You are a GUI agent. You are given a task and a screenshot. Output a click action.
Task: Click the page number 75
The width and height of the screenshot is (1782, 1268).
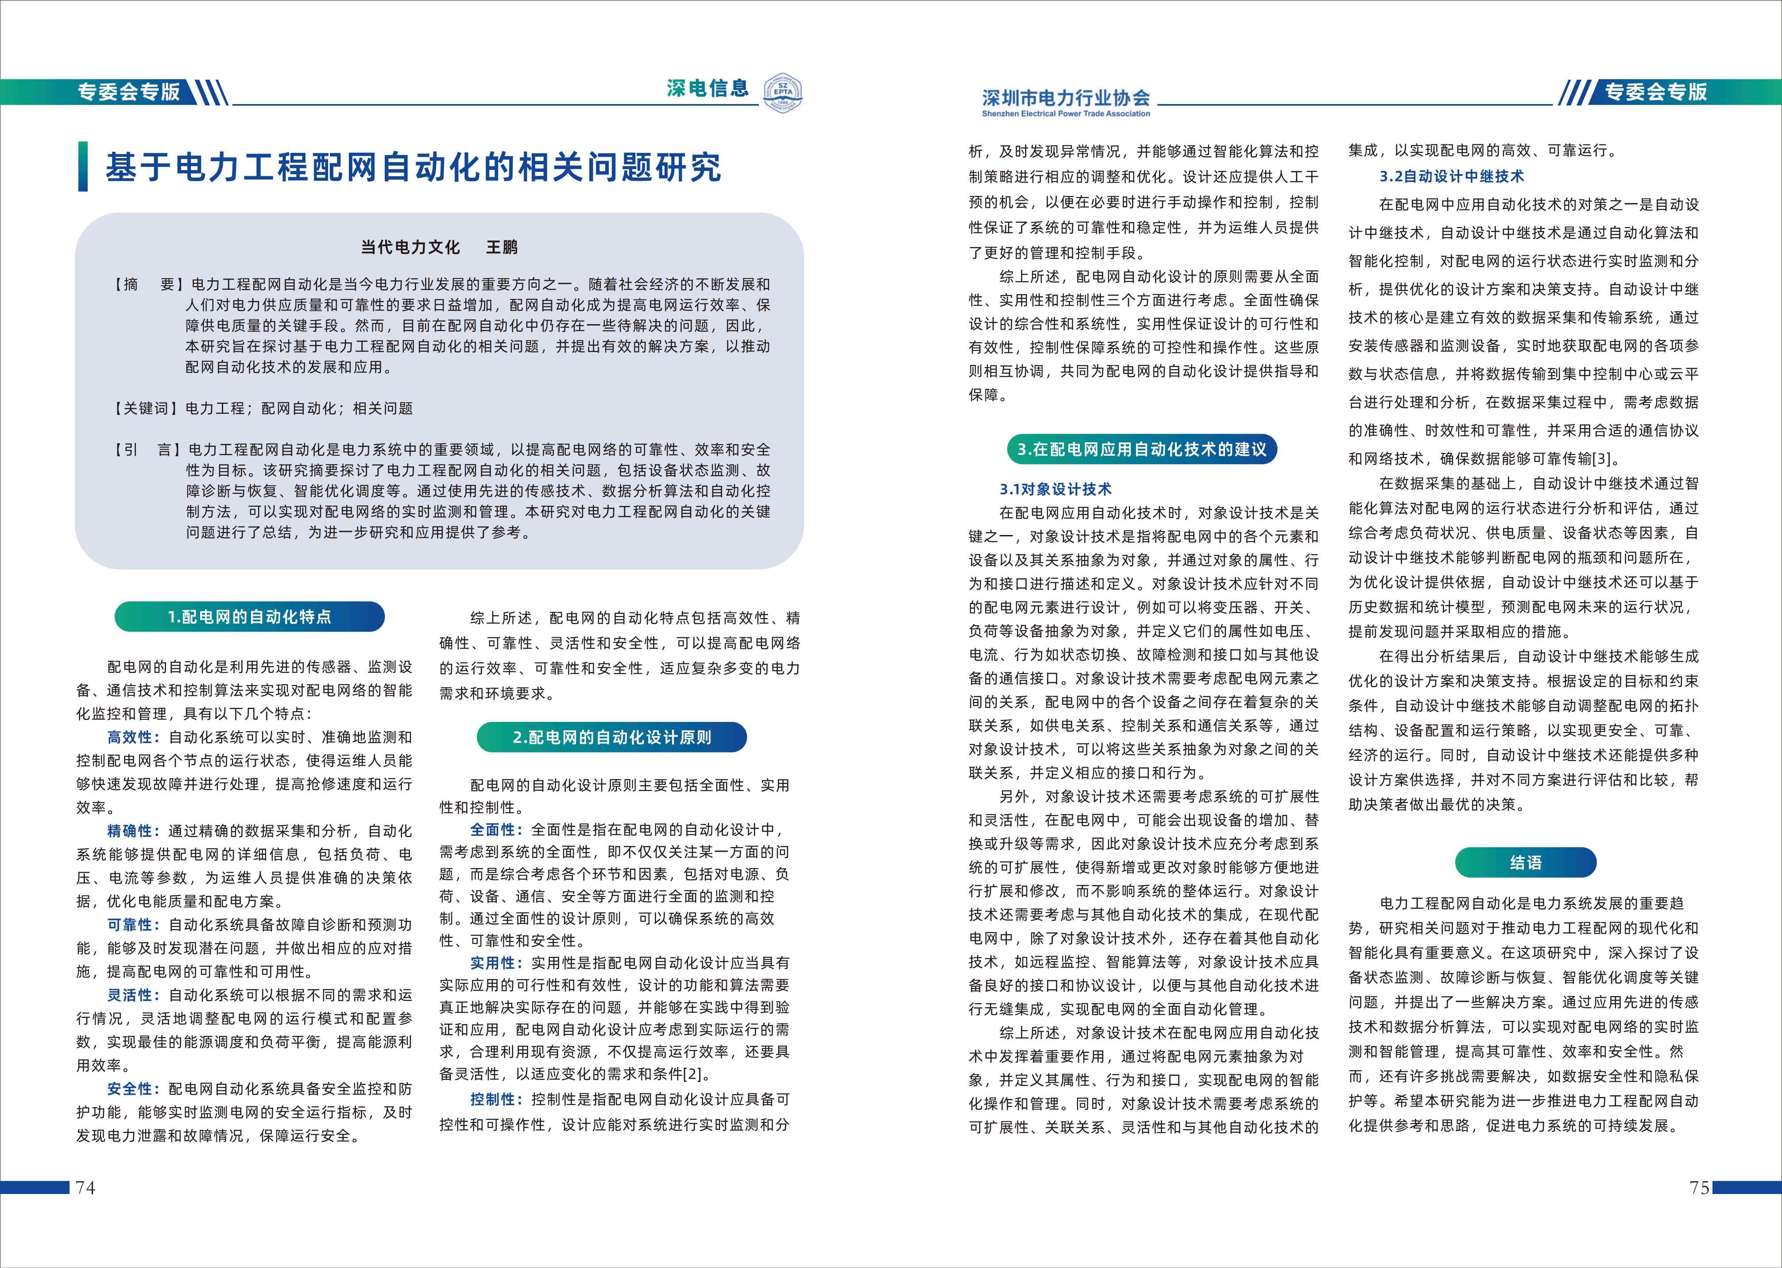[x=1698, y=1187]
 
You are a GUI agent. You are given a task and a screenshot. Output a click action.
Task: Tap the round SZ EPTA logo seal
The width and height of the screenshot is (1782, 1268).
[x=783, y=93]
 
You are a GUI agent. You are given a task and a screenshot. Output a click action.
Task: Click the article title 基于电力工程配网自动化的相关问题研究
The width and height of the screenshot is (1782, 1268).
[x=413, y=167]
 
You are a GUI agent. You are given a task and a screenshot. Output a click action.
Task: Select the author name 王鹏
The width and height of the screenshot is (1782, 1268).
[x=502, y=248]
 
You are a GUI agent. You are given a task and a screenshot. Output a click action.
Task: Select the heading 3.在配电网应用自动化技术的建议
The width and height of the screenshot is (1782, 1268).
[x=1142, y=449]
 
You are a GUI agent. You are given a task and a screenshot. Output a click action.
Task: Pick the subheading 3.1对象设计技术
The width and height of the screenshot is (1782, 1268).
[x=1055, y=489]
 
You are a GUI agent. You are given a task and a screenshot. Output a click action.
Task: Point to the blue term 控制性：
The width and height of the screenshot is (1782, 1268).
[x=496, y=1099]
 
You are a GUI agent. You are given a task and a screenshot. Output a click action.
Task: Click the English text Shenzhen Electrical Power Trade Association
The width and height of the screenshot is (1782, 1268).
[x=1066, y=114]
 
